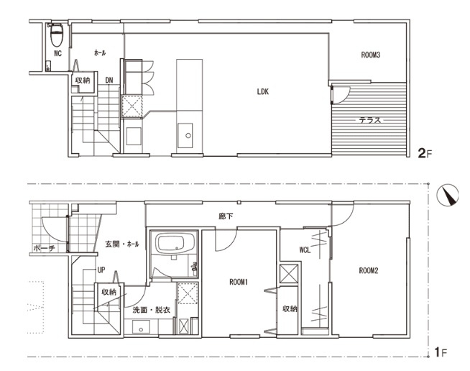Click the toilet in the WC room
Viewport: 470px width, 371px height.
[56, 35]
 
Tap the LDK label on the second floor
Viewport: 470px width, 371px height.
[263, 92]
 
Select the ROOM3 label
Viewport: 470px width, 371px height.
[371, 55]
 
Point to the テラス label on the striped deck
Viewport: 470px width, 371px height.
[370, 120]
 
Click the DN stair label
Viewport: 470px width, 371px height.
[109, 81]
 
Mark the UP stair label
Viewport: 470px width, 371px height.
[101, 270]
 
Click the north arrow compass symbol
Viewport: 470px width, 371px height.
[448, 194]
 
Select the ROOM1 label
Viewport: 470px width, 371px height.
[239, 282]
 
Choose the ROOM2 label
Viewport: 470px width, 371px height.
[369, 270]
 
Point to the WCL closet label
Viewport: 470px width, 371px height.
[305, 249]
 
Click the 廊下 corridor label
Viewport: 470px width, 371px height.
[226, 216]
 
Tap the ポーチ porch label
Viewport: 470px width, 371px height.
[44, 248]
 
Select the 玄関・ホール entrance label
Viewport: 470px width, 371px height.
[122, 244]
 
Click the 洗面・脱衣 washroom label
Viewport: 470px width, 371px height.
[152, 310]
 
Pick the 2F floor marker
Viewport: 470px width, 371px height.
[425, 154]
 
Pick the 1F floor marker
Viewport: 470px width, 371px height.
[441, 352]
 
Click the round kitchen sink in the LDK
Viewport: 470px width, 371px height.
[188, 136]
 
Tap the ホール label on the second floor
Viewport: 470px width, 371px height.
[100, 53]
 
